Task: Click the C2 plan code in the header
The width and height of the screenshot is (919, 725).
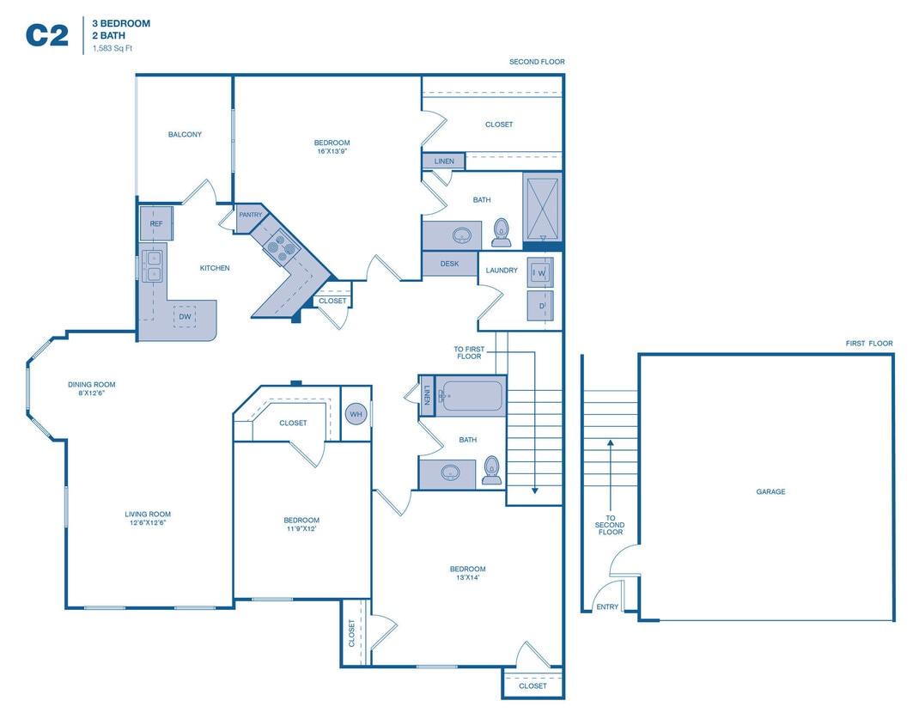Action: (46, 34)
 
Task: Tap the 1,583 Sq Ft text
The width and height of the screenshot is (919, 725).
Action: (113, 49)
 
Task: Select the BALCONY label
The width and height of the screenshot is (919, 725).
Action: (185, 135)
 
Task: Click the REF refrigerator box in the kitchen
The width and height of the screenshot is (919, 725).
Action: (156, 223)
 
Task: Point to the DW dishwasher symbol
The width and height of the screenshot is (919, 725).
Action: (185, 317)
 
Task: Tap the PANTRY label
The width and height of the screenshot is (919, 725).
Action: (251, 215)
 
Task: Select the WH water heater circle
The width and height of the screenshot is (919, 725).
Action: (356, 414)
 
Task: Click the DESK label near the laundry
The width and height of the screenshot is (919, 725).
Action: (449, 264)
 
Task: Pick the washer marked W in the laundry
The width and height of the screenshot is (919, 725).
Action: (541, 273)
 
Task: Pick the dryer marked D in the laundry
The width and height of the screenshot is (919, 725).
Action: (541, 306)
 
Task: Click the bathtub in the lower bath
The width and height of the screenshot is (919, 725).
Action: (471, 396)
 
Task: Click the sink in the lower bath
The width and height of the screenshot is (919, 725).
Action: (450, 472)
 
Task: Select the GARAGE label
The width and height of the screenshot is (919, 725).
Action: (770, 492)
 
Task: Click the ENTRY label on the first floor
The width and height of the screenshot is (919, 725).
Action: (607, 607)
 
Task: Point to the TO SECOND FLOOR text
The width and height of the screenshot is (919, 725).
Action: (610, 525)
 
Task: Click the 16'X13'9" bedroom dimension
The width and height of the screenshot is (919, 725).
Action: (332, 151)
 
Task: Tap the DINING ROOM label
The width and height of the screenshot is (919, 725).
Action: (92, 385)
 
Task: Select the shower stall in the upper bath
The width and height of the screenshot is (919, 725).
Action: (542, 206)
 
